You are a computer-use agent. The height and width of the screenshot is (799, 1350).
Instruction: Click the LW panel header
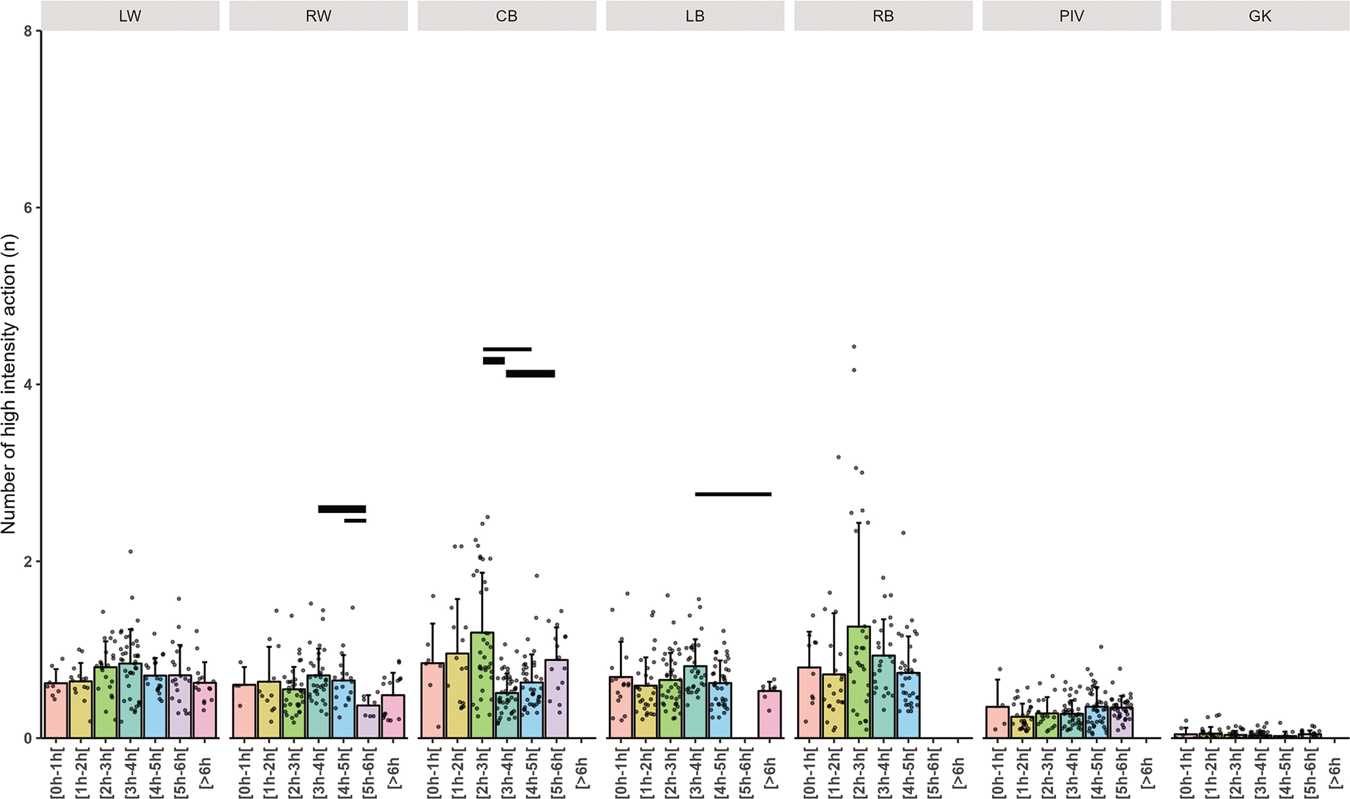coord(130,16)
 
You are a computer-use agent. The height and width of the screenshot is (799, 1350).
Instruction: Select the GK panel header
coord(1260,16)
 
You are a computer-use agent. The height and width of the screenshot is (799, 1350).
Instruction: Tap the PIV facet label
coord(1071,16)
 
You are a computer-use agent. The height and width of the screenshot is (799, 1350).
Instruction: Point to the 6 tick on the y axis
coord(29,208)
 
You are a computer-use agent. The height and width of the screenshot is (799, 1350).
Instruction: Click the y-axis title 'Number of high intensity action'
coord(9,383)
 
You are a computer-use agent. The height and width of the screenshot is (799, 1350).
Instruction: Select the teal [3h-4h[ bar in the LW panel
coord(130,700)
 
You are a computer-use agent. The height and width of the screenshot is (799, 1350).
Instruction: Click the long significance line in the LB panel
coord(733,494)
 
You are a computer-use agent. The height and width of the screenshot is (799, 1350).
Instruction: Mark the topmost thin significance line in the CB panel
coord(507,349)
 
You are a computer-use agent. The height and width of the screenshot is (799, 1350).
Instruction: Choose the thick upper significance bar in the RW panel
coord(342,509)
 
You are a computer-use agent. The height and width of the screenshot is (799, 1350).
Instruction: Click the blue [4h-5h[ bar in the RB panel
coord(908,705)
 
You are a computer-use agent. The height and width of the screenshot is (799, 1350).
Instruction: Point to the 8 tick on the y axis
coord(29,31)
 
